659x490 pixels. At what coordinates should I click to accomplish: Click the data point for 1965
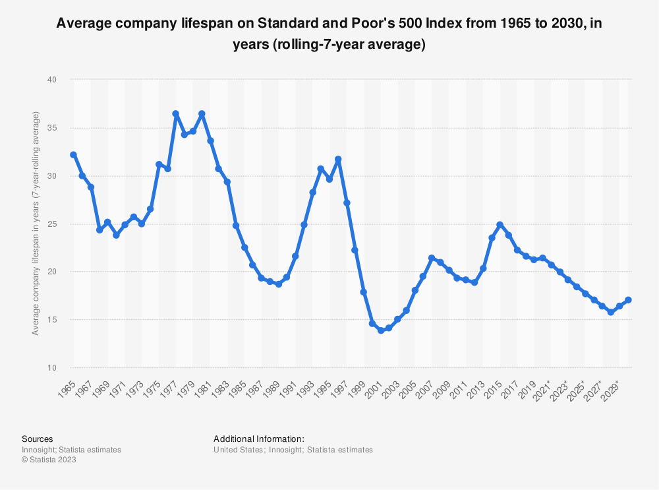[x=73, y=154]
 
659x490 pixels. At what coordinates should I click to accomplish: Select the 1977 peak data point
[x=176, y=113]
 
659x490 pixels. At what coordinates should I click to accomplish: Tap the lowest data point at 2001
[x=381, y=330]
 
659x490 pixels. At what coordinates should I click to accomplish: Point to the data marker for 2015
[x=500, y=225]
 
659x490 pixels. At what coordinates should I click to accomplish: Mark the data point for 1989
[x=278, y=284]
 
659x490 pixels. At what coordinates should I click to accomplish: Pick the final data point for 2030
[x=628, y=300]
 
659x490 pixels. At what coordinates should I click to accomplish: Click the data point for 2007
[x=432, y=258]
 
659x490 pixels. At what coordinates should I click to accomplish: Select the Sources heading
[x=38, y=439]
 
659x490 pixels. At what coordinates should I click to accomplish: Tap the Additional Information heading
[x=258, y=439]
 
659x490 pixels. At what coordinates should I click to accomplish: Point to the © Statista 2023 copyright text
[x=49, y=460]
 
